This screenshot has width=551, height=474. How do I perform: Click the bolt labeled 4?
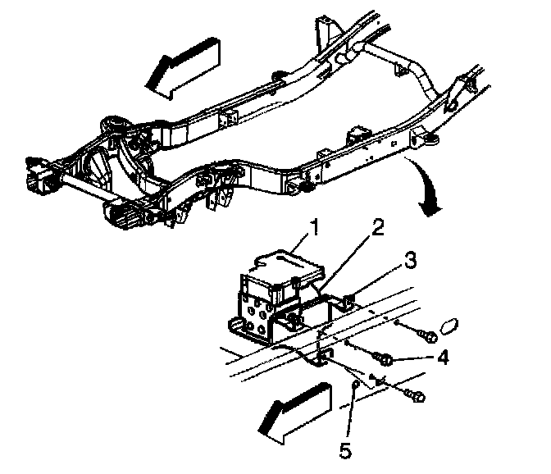[x=384, y=358]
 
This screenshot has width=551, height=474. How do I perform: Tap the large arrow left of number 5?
[x=296, y=410]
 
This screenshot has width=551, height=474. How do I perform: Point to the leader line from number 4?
[x=415, y=358]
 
